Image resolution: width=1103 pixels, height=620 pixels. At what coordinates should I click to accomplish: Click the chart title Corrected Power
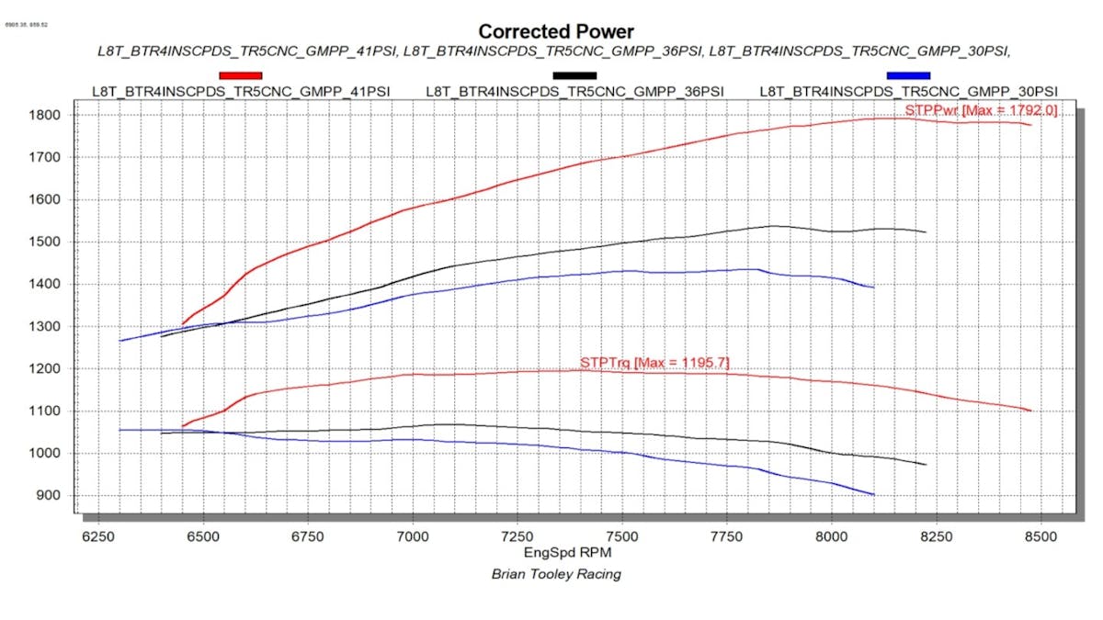(x=556, y=31)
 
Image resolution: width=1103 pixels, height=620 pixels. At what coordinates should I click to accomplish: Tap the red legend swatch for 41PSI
(x=240, y=75)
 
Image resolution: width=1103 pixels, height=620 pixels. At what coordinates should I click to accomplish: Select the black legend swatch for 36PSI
(x=574, y=75)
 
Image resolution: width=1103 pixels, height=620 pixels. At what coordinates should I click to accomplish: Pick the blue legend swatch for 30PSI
(x=908, y=75)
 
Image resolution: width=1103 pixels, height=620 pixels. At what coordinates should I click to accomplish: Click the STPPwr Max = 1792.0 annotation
(x=981, y=110)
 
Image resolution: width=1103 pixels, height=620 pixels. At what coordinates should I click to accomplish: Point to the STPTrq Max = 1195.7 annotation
(x=654, y=364)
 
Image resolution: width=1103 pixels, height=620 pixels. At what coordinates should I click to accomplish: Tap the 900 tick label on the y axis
(x=51, y=496)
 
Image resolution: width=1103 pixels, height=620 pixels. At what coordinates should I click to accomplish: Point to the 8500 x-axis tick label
(x=1040, y=536)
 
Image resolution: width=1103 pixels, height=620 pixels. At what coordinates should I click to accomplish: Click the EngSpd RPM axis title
(x=567, y=553)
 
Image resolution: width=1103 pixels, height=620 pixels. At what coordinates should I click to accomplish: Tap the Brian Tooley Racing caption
(x=556, y=574)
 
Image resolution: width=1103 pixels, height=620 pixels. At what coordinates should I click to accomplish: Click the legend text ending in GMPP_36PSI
(x=574, y=91)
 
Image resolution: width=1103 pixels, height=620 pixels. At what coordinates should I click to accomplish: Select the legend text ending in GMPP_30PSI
(x=908, y=91)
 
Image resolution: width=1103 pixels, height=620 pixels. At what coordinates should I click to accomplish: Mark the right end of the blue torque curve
(x=873, y=495)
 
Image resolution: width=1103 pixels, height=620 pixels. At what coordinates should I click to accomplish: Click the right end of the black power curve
(x=925, y=231)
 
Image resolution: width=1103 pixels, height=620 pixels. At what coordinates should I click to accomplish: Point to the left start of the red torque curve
(x=182, y=426)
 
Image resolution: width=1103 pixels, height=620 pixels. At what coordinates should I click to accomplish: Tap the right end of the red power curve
(x=1031, y=125)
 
